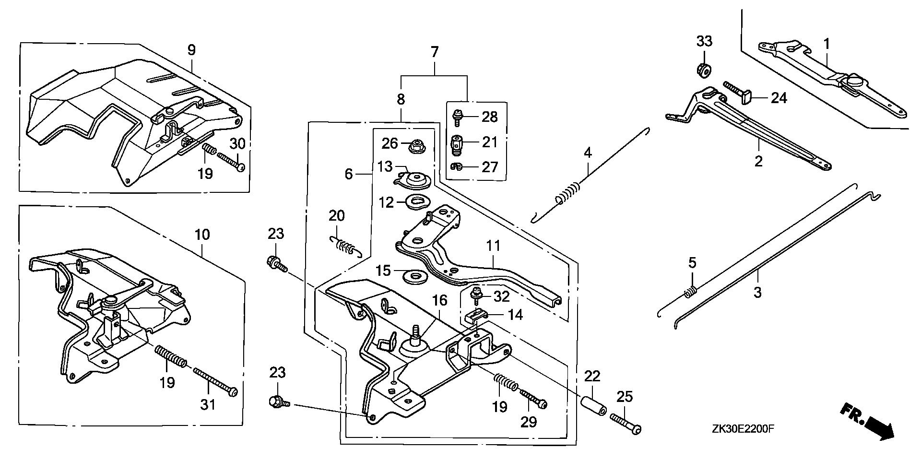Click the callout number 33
[705, 42]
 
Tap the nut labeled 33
[703, 69]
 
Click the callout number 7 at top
[435, 51]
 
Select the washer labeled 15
[409, 276]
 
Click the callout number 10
[202, 235]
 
